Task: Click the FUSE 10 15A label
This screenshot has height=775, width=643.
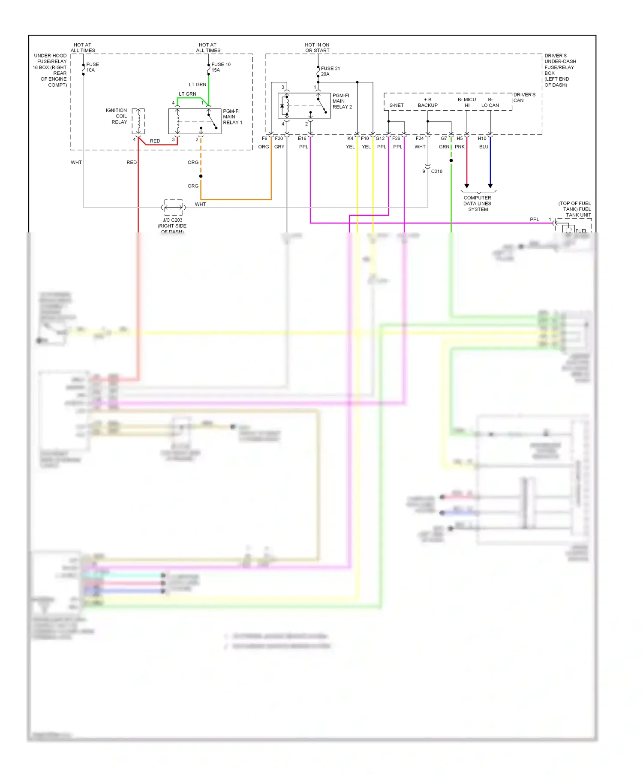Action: (220, 67)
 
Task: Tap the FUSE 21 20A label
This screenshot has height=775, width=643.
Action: (330, 71)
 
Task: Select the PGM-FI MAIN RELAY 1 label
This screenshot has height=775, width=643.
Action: (232, 117)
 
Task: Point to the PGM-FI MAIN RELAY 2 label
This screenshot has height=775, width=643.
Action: (342, 101)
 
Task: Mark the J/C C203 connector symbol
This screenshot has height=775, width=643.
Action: (173, 208)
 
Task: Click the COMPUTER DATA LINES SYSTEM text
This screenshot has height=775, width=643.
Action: (478, 204)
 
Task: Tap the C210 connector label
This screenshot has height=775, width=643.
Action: (436, 172)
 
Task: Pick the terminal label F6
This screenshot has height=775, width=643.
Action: (264, 139)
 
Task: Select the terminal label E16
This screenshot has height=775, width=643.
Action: (302, 139)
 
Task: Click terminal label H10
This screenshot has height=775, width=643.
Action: (482, 139)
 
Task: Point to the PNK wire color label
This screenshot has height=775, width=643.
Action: (460, 147)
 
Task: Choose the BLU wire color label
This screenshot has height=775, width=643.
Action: (484, 147)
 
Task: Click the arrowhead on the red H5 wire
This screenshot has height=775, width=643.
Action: (467, 186)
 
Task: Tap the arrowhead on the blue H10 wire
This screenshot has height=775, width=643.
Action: (490, 186)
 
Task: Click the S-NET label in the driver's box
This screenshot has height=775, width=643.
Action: (396, 106)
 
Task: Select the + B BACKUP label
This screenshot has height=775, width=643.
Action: (427, 103)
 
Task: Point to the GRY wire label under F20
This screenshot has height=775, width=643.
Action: (279, 147)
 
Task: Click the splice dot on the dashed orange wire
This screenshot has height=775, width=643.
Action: (201, 176)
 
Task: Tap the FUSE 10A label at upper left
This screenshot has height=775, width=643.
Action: (92, 67)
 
